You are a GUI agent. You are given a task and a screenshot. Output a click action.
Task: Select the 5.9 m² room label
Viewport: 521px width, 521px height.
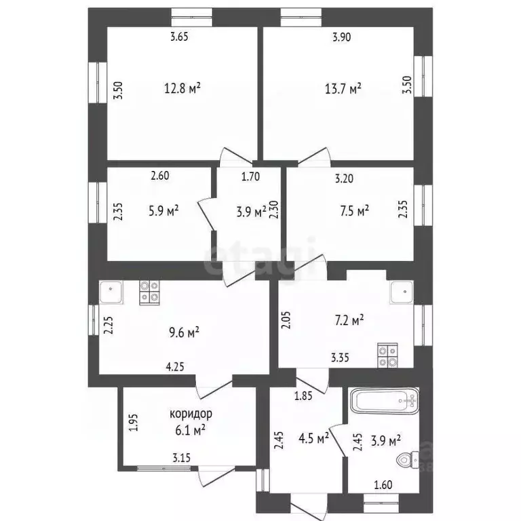pos(163,211)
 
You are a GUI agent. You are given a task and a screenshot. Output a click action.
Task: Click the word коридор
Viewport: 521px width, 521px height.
pos(191,412)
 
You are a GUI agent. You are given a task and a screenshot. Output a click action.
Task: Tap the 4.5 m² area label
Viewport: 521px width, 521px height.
pos(314,437)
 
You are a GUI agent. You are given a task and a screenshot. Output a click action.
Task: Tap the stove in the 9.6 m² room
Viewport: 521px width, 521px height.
pos(150,292)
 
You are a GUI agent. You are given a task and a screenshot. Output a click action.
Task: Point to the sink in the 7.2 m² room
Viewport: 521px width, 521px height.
pos(400,292)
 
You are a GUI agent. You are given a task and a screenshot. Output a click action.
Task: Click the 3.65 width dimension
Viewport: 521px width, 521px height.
pos(178,37)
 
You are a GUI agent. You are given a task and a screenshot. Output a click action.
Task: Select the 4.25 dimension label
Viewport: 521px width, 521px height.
pos(176,367)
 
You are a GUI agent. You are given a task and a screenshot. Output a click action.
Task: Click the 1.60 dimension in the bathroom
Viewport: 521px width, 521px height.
pos(383,486)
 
